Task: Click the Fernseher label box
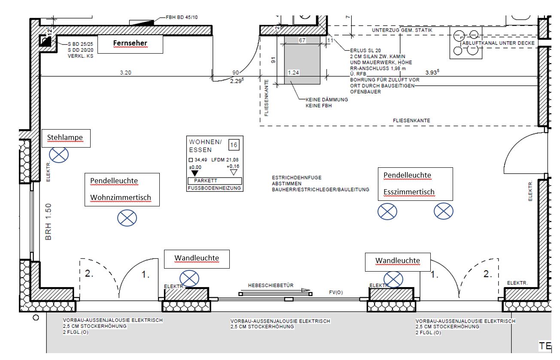130,44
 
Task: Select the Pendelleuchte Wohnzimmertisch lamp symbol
127,218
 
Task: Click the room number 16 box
234,145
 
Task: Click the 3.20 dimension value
125,73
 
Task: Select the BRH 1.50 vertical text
48,221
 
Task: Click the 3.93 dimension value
431,73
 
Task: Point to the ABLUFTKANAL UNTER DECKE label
498,43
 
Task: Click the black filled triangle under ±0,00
195,173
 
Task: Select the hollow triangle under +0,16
234,172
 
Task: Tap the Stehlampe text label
65,138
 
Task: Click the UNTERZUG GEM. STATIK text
402,30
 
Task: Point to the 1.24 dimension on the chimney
293,73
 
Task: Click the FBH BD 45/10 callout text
182,18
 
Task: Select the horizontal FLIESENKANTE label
411,121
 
